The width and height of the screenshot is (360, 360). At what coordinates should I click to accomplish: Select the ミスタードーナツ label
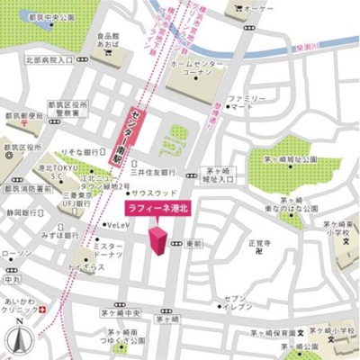pyautogui.click(x=108, y=251)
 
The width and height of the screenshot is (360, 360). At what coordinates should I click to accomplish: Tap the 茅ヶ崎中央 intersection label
pyautogui.click(x=121, y=312)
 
